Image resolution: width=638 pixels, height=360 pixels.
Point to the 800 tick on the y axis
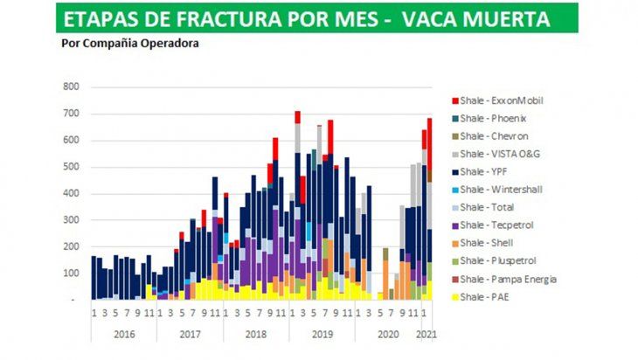[x=70, y=87]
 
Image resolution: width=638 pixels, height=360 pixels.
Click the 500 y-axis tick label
[x=70, y=167]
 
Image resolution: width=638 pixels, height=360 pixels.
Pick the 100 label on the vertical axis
[x=70, y=273]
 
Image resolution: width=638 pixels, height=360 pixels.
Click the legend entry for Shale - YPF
[x=489, y=171]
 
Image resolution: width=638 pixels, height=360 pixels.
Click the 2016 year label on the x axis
[x=123, y=333]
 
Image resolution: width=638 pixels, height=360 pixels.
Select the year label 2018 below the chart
[x=256, y=333]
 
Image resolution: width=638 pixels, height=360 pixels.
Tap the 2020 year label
[x=387, y=333]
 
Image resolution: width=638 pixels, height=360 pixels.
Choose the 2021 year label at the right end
[x=426, y=333]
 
